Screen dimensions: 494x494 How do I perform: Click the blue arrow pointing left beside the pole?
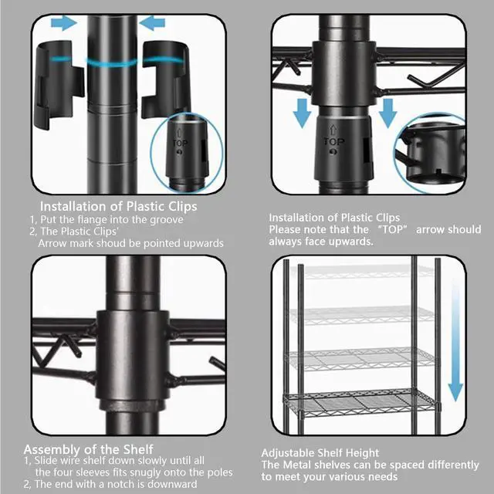(153, 23)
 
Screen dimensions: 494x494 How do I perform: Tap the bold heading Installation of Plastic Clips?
(118, 206)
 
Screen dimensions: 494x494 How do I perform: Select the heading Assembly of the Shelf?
(88, 448)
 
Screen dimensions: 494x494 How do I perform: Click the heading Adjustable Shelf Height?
(320, 452)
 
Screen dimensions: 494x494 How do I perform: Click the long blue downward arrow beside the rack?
(456, 340)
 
